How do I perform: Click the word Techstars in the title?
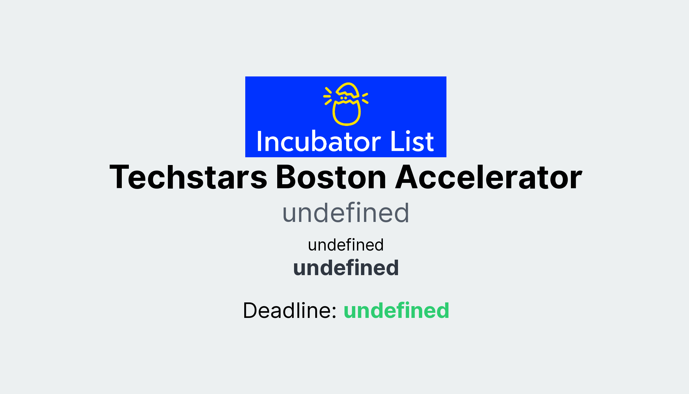pyautogui.click(x=188, y=177)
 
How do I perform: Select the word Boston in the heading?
pyautogui.click(x=331, y=177)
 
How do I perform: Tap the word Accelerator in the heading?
pyautogui.click(x=489, y=177)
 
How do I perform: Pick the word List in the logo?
pyautogui.click(x=412, y=142)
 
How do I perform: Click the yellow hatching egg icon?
pyautogui.click(x=346, y=104)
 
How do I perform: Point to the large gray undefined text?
pyautogui.click(x=346, y=213)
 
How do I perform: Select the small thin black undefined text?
pyautogui.click(x=346, y=245)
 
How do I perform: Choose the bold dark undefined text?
pyautogui.click(x=346, y=268)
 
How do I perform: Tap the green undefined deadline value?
pyautogui.click(x=396, y=310)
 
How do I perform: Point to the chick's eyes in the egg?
pyautogui.click(x=343, y=98)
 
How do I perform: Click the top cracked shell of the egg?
pyautogui.click(x=348, y=89)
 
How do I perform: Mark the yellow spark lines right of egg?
pyautogui.click(x=365, y=98)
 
